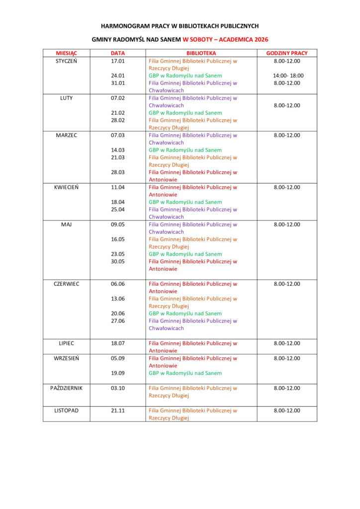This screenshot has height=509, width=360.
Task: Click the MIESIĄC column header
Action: [x=66, y=53]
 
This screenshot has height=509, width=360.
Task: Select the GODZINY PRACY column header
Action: [x=287, y=53]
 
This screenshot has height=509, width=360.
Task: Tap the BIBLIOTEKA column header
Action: [x=201, y=53]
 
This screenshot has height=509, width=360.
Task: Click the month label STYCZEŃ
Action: [x=66, y=61]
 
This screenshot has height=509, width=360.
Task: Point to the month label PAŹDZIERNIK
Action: [x=66, y=388]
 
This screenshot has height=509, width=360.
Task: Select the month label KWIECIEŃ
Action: [x=66, y=187]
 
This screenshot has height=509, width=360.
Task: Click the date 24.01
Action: [x=118, y=76]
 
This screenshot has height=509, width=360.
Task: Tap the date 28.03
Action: [x=118, y=172]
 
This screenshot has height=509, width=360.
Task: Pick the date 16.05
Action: [x=118, y=239]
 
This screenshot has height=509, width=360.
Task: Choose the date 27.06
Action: [x=118, y=321]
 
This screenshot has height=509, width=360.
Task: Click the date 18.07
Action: [x=118, y=343]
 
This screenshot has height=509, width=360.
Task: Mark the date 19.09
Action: [x=118, y=373]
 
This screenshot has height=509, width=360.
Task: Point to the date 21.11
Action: [x=118, y=411]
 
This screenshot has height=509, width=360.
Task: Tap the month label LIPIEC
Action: [x=66, y=343]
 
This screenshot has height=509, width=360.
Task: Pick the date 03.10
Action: [x=118, y=388]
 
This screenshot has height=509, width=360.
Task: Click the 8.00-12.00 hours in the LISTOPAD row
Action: [x=287, y=411]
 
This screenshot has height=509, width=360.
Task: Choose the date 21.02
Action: [x=118, y=113]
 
